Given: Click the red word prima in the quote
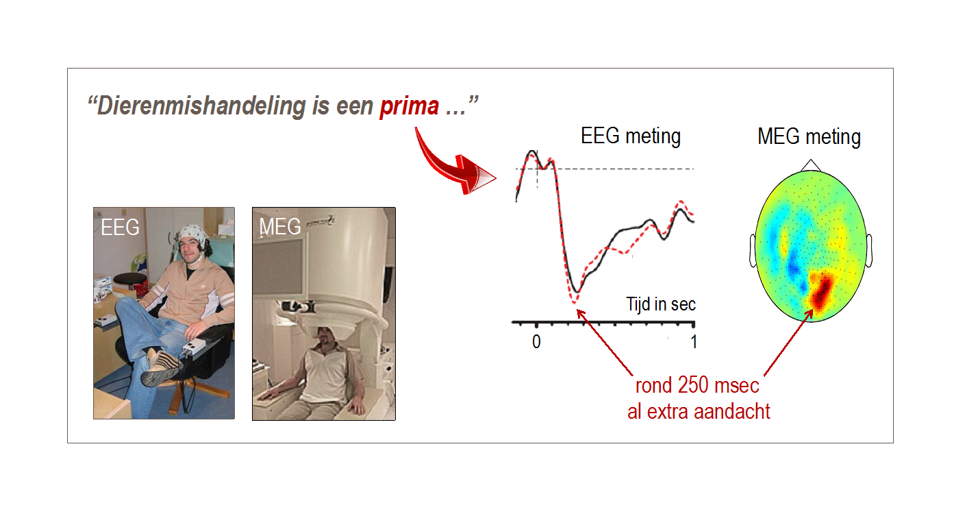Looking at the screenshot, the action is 410,106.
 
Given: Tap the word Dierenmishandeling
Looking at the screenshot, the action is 201,106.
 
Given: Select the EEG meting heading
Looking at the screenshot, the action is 631,136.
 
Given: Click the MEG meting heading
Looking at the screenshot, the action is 809,137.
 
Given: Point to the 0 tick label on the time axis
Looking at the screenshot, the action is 536,342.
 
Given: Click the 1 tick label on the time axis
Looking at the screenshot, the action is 694,342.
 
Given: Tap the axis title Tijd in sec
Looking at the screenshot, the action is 661,304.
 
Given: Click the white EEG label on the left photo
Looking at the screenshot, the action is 120,227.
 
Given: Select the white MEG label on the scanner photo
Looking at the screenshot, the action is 280,226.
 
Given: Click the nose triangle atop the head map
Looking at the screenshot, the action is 810,165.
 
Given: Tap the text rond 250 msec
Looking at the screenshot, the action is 697,385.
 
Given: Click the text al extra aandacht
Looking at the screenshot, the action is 699,412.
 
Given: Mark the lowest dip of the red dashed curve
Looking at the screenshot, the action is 574,302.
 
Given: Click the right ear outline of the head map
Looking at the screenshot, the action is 869,251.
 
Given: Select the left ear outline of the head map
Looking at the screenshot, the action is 753,251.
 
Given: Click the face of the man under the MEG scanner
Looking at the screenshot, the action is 326,339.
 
